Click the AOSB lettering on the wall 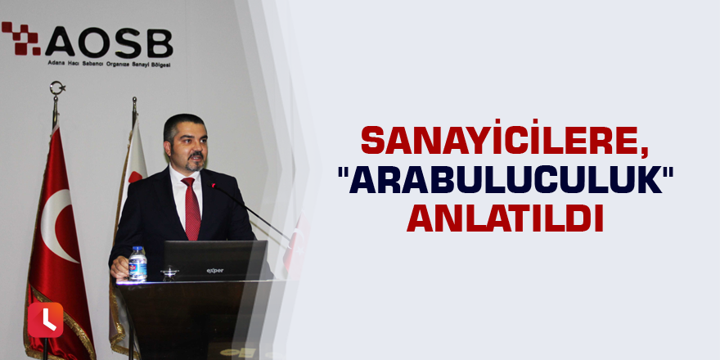point(108,43)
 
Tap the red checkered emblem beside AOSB point(21,38)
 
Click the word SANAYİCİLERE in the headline point(502,141)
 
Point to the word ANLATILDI point(505,218)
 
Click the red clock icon point(45,320)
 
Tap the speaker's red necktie point(192,209)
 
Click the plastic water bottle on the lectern point(137,263)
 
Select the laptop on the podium point(216,260)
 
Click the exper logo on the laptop point(215,271)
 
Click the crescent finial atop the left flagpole point(57,88)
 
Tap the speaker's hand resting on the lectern point(119,268)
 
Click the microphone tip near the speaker point(214,186)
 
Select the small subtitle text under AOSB point(110,64)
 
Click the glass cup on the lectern point(170,273)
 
